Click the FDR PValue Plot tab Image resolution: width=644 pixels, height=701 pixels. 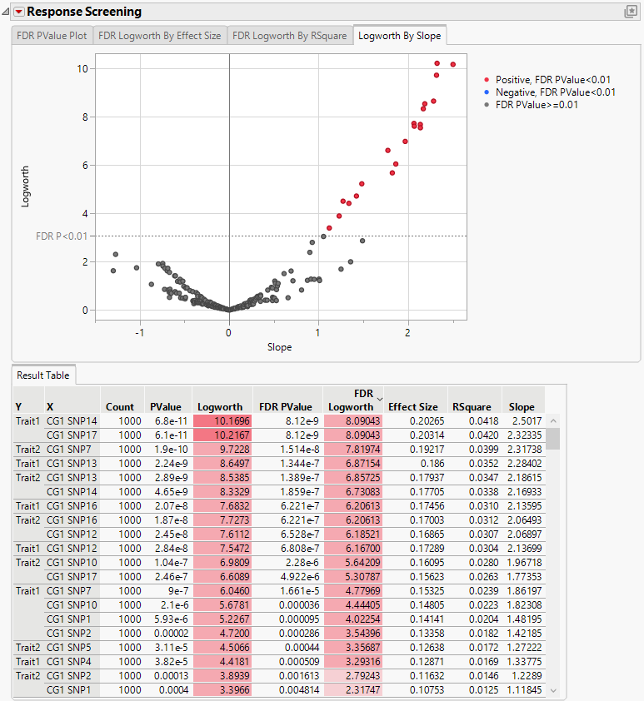(x=52, y=37)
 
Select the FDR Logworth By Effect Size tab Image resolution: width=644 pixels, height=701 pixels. (x=160, y=37)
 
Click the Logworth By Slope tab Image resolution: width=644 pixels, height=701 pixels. (x=400, y=37)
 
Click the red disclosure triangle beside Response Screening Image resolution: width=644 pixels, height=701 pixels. (x=18, y=12)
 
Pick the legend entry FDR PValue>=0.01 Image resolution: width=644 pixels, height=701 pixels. (x=537, y=105)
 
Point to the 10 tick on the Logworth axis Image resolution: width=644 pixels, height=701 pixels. (x=81, y=68)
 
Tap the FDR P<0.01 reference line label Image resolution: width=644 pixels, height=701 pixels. (x=61, y=236)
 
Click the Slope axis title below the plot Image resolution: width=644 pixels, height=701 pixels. (x=279, y=347)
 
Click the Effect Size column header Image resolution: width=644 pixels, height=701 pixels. (x=412, y=407)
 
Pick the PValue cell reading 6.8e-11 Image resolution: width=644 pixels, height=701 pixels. (x=167, y=422)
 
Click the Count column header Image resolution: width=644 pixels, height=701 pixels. (x=120, y=407)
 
